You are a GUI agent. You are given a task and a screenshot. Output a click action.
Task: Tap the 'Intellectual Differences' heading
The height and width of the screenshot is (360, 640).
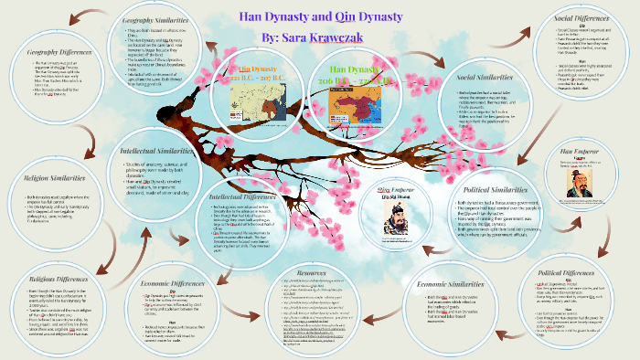tap(238, 196)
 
